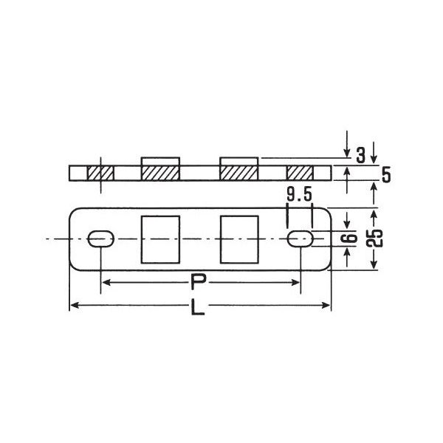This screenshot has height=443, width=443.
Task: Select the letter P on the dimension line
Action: (197, 282)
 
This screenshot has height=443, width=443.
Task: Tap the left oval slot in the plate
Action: (100, 238)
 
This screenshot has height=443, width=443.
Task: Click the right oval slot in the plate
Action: (300, 238)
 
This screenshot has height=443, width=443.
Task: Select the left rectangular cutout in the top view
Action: (159, 238)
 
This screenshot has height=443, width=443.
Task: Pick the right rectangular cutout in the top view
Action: (238, 238)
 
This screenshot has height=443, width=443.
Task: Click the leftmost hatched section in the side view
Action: (100, 174)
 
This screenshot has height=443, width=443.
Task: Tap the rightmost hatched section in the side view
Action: (300, 174)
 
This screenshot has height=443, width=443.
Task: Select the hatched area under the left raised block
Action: (159, 174)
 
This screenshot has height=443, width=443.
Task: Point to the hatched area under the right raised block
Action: (238, 174)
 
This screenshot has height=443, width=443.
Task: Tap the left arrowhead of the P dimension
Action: (105, 282)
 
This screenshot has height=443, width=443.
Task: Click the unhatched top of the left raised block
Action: (159, 162)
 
